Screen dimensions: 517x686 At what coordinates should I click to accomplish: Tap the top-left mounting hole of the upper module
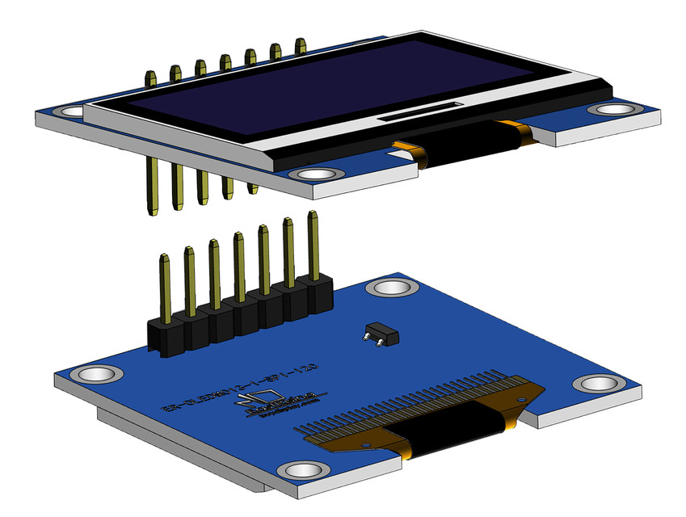click(71, 111)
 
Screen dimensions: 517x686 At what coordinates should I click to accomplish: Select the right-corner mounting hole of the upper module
click(608, 109)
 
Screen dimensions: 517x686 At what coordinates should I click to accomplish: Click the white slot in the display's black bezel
click(420, 111)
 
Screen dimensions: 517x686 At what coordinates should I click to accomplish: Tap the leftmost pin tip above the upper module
click(150, 78)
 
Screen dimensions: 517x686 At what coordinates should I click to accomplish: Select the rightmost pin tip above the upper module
click(301, 44)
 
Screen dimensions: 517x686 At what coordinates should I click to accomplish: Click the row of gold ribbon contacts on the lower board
click(420, 404)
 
